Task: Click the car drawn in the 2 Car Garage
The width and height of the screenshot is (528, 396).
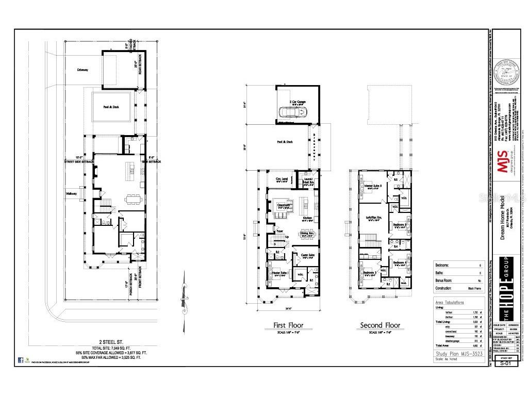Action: tap(288, 112)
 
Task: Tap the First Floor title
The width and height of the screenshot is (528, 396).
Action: tap(288, 325)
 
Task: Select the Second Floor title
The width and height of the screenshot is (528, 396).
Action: tap(379, 325)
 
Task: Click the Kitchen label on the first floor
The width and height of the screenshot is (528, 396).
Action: tap(308, 218)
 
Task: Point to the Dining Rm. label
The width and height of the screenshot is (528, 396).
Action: tap(307, 234)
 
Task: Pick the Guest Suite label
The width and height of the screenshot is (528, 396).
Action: tap(307, 255)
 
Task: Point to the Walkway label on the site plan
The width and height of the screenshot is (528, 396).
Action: tap(71, 194)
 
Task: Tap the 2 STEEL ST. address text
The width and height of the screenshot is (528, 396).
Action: tap(111, 342)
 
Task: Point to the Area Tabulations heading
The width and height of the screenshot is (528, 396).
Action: tap(449, 303)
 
